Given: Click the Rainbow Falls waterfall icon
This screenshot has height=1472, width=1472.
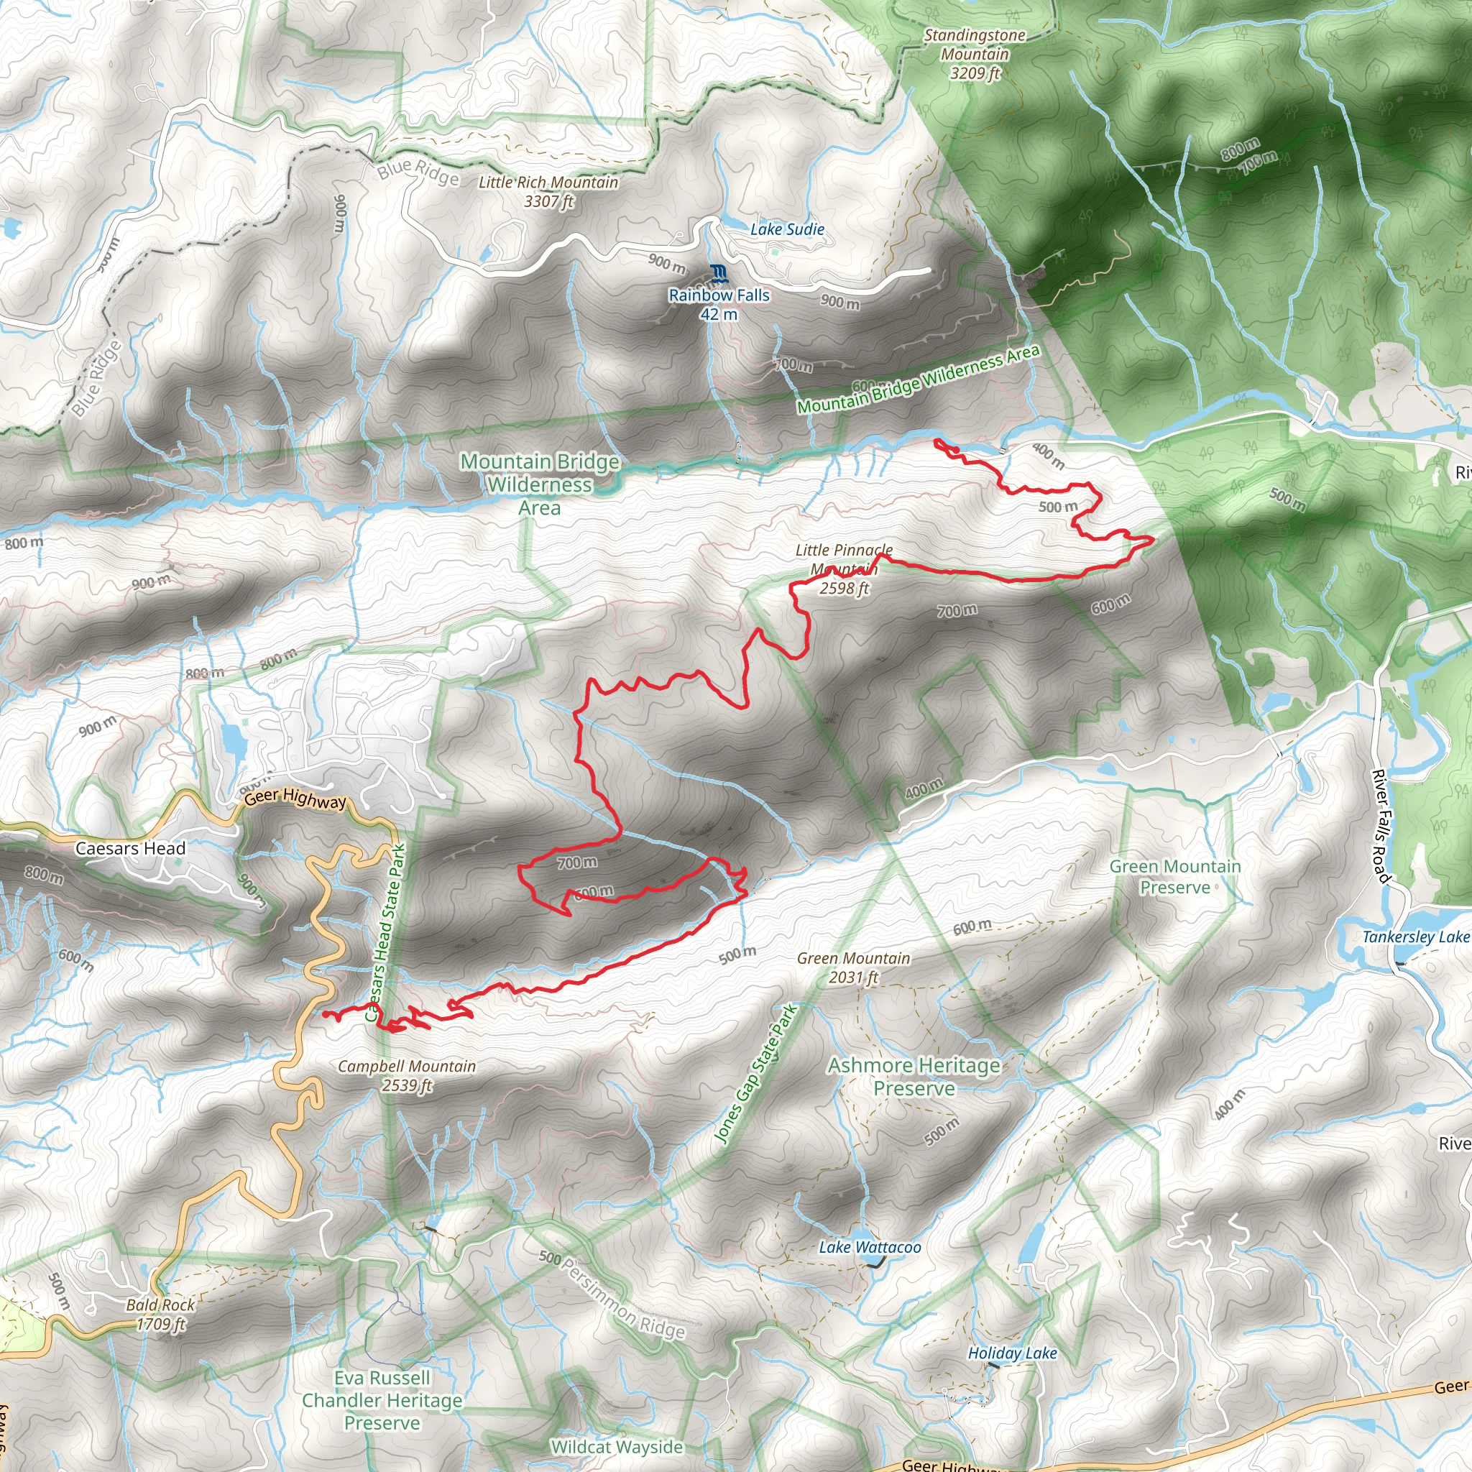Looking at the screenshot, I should pyautogui.click(x=718, y=272).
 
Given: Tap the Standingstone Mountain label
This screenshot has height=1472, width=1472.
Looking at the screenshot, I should pyautogui.click(x=975, y=54).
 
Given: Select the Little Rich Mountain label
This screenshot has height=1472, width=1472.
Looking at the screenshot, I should pyautogui.click(x=548, y=191).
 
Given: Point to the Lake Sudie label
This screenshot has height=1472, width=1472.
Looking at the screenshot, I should pyautogui.click(x=787, y=229).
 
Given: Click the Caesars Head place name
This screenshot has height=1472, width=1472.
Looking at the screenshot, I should pyautogui.click(x=130, y=848).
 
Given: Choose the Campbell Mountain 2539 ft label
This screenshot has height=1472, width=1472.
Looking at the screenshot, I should pyautogui.click(x=407, y=1075).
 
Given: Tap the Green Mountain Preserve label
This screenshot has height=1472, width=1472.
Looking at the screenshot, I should pyautogui.click(x=1175, y=876).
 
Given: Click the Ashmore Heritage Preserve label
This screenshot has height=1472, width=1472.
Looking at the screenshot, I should pyautogui.click(x=914, y=1076).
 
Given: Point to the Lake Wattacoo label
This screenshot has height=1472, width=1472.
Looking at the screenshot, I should pyautogui.click(x=870, y=1247).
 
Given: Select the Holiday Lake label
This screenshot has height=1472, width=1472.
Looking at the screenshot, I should pyautogui.click(x=1012, y=1353).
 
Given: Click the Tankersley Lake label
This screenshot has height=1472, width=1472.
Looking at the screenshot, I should pyautogui.click(x=1416, y=937).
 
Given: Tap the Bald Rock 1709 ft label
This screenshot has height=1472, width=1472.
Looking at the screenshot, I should pyautogui.click(x=160, y=1315).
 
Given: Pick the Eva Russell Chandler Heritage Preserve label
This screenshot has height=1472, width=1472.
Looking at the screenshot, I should pyautogui.click(x=382, y=1400).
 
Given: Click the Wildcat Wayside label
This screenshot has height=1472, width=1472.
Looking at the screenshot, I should pyautogui.click(x=617, y=1447).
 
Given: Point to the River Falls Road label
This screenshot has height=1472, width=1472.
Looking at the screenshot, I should pyautogui.click(x=1381, y=826).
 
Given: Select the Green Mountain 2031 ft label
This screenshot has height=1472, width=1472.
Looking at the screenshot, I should pyautogui.click(x=853, y=967).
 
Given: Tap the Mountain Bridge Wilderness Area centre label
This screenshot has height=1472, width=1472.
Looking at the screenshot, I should pyautogui.click(x=540, y=484).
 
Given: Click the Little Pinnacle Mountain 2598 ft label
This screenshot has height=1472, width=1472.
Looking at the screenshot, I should pyautogui.click(x=843, y=569).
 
